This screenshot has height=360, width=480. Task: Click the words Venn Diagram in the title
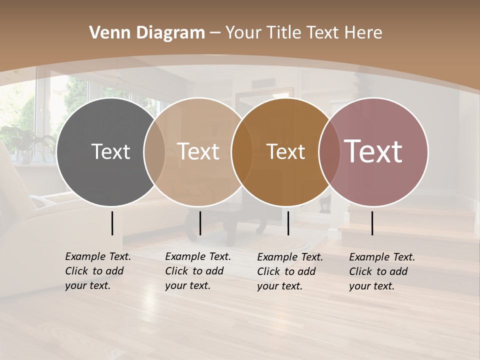[x=147, y=33]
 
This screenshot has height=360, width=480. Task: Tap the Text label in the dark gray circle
[x=110, y=151]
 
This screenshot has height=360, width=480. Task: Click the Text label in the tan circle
[x=198, y=151]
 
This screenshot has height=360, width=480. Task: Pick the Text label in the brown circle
[x=285, y=151]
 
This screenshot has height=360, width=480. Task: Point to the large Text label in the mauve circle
[x=373, y=151]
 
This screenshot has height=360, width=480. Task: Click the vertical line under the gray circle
[x=112, y=223]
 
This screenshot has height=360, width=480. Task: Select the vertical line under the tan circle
[x=200, y=223]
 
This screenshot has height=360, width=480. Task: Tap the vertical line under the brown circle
[x=288, y=223]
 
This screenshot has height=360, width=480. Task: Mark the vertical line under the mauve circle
[x=372, y=223]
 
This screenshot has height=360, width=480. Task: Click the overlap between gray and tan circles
[x=154, y=151]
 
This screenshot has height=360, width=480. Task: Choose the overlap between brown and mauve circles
[x=329, y=151]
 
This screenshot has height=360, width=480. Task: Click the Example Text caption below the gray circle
[x=98, y=271]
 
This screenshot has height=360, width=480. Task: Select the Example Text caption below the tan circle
[x=198, y=271]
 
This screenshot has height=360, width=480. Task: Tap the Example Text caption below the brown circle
[x=290, y=271]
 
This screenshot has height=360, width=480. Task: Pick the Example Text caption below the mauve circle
[x=382, y=271]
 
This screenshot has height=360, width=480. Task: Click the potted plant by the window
[x=22, y=140]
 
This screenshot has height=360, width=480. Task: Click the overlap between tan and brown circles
[x=242, y=151]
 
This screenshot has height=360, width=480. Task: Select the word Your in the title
[x=244, y=33]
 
